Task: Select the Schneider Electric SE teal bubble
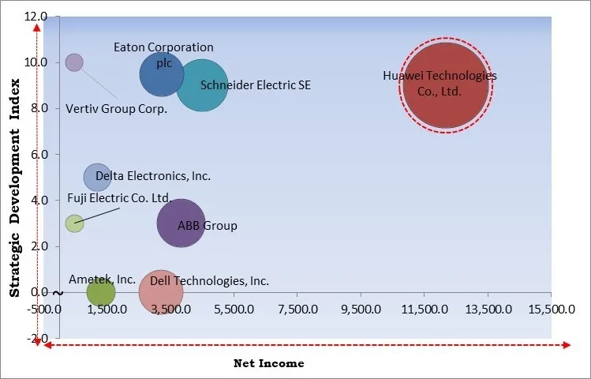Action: click(202, 86)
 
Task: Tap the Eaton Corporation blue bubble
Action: click(162, 75)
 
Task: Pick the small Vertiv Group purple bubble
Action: click(74, 62)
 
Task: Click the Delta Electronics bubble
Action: click(98, 177)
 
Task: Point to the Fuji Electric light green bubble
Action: click(74, 223)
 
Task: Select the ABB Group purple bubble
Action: click(181, 223)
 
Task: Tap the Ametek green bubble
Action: click(100, 293)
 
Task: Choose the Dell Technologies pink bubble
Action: click(161, 293)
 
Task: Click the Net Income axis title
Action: click(268, 363)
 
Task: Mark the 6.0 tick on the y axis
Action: click(39, 155)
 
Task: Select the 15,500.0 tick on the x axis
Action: click(550, 309)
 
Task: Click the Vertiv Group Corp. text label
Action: click(116, 109)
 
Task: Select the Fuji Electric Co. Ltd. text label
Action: click(118, 198)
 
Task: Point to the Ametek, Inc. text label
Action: click(102, 279)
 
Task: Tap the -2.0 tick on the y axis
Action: click(37, 339)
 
